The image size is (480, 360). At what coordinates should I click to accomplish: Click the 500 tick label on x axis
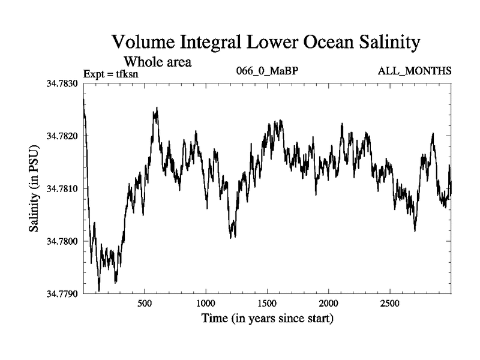pyautogui.click(x=145, y=303)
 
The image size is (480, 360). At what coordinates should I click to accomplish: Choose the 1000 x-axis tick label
pyautogui.click(x=206, y=303)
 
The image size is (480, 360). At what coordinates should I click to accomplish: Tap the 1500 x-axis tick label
pyautogui.click(x=267, y=303)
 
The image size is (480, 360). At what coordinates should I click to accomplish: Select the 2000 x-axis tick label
pyautogui.click(x=329, y=303)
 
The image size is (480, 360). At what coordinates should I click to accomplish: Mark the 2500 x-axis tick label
pyautogui.click(x=390, y=303)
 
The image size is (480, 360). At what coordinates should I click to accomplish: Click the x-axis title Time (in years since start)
pyautogui.click(x=267, y=319)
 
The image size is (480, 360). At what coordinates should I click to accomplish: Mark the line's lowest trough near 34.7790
pyautogui.click(x=99, y=290)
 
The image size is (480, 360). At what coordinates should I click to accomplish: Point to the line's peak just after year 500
pyautogui.click(x=157, y=109)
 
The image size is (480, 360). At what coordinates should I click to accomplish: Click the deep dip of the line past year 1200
pyautogui.click(x=232, y=236)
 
